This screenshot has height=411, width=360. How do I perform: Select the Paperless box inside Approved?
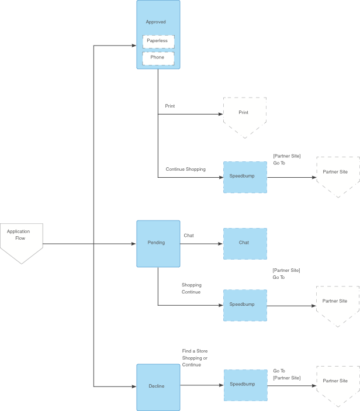point(158,41)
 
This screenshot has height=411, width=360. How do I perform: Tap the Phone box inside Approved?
point(158,58)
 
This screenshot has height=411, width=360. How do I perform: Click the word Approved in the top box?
point(156,22)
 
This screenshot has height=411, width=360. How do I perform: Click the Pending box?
point(158,243)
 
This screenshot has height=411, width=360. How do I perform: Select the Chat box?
point(245,243)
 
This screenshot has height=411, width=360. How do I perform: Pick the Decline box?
point(158,386)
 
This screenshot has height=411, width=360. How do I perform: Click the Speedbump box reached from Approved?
point(245,177)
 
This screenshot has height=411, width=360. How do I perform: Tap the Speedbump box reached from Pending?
point(245,305)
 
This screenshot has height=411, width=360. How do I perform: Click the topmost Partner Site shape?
point(338,175)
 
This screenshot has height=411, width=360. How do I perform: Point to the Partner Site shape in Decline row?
point(338,384)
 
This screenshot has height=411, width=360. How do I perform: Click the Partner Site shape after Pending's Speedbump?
point(338,304)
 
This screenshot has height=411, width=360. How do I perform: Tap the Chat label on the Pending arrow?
point(189,236)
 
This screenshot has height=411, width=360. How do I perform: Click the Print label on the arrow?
point(170,106)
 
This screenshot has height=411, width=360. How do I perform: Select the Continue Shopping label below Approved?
point(186,170)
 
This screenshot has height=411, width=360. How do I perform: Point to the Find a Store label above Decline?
point(195,351)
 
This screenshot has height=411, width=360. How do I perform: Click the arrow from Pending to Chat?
point(202,243)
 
